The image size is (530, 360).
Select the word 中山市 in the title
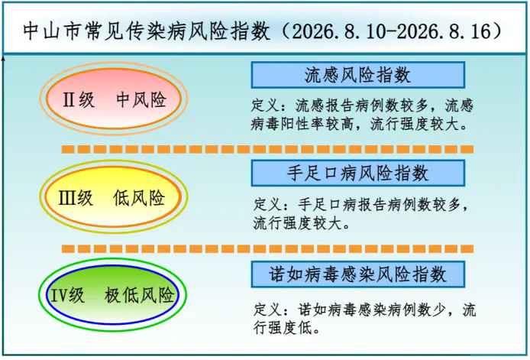pyautogui.click(x=53, y=31)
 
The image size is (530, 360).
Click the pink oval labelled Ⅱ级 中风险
pyautogui.click(x=114, y=99)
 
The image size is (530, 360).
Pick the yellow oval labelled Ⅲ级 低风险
pyautogui.click(x=114, y=197)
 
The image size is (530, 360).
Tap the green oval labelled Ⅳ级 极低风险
pyautogui.click(x=112, y=295)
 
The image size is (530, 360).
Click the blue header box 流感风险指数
pyautogui.click(x=358, y=75)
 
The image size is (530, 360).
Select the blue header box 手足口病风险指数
pyautogui.click(x=358, y=174)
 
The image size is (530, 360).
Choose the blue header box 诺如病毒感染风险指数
pyautogui.click(x=358, y=274)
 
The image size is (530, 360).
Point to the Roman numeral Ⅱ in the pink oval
pyautogui.click(x=69, y=100)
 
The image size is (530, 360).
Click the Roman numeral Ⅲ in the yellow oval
pyautogui.click(x=68, y=198)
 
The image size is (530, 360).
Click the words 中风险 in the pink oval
pyautogui.click(x=141, y=100)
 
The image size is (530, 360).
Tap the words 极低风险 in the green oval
pyautogui.click(x=139, y=295)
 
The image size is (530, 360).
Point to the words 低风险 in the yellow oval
pyautogui.click(x=139, y=198)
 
